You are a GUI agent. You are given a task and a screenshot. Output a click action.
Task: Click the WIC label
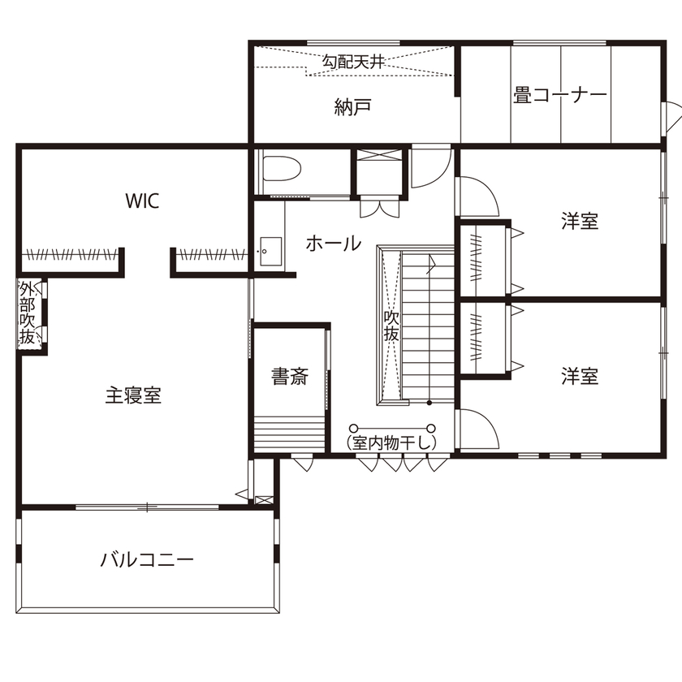pyautogui.click(x=142, y=201)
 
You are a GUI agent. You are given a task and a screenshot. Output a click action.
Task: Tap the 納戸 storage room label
pyautogui.click(x=352, y=106)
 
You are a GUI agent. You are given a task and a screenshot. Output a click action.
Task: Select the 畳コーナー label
pyautogui.click(x=560, y=95)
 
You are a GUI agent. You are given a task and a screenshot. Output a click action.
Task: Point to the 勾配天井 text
pyautogui.click(x=353, y=61)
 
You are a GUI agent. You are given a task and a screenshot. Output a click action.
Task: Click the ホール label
pyautogui.click(x=333, y=243)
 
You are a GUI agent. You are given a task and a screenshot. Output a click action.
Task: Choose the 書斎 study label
pyautogui.click(x=290, y=377)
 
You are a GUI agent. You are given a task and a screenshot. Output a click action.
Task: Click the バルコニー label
pyautogui.click(x=147, y=559)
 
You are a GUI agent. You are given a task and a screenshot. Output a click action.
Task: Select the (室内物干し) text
pyautogui.click(x=391, y=442)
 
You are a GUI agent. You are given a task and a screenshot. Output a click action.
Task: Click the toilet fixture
pyautogui.click(x=281, y=170)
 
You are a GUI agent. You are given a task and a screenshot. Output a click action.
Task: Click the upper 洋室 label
pyautogui.click(x=580, y=221)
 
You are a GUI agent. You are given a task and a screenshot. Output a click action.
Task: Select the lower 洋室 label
pyautogui.click(x=580, y=376)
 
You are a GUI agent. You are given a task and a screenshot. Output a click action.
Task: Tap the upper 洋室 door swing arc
pyautogui.click(x=479, y=195)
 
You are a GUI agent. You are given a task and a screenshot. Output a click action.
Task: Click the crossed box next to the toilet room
pyautogui.click(x=378, y=170)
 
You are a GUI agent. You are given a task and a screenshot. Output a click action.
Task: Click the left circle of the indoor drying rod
pyautogui.click(x=353, y=428)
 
